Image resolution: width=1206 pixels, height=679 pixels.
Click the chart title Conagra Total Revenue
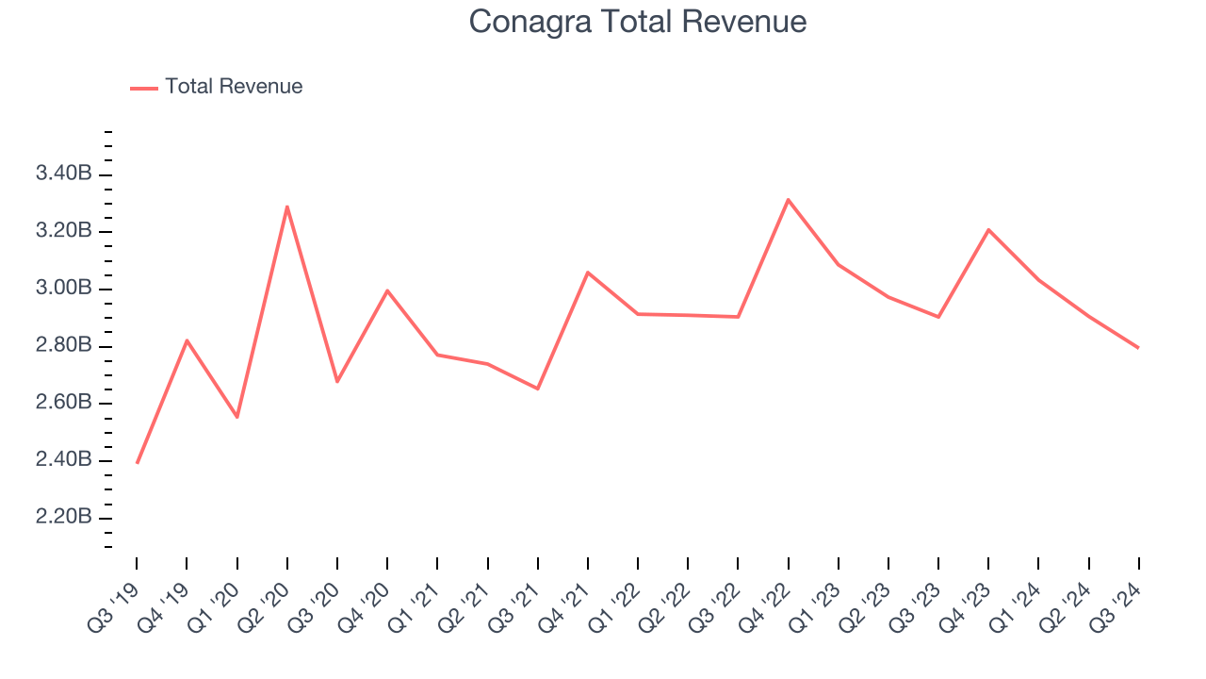click(x=638, y=21)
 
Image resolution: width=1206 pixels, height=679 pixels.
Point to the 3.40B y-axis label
click(x=63, y=174)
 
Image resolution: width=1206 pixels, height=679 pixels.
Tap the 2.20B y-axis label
click(x=63, y=518)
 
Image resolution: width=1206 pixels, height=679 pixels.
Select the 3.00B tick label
click(x=63, y=289)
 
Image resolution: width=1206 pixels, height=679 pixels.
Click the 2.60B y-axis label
click(x=63, y=404)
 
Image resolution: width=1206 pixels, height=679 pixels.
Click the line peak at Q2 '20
click(x=286, y=207)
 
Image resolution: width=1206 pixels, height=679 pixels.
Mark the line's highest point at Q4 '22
click(x=788, y=200)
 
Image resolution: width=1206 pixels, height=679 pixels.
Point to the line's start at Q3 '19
click(x=138, y=463)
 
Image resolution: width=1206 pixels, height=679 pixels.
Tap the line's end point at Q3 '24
click(x=1138, y=348)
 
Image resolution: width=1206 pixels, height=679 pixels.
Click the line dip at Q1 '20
click(x=236, y=417)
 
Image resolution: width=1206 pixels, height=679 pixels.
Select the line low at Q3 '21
click(x=538, y=389)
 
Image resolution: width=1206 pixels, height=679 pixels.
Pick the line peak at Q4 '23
click(x=988, y=229)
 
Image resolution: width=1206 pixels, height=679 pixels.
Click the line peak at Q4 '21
click(x=588, y=273)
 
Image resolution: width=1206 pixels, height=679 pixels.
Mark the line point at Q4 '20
click(x=387, y=290)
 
